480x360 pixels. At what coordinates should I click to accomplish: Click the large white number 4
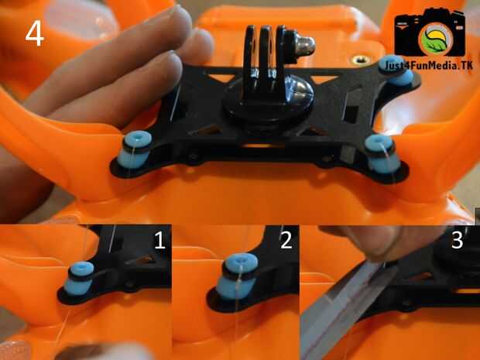(35, 34)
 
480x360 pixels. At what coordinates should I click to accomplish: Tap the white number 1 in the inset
(159, 240)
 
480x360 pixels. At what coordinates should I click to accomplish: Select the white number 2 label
(286, 240)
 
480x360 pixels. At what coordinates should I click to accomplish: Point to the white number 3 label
(457, 240)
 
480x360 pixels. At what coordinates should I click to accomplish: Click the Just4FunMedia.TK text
(429, 66)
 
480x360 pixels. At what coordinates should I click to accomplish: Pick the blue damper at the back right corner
(397, 70)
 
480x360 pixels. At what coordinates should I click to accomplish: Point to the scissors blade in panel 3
(343, 309)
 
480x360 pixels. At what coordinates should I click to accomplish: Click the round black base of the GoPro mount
(267, 104)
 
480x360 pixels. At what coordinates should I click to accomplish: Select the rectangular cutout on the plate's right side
(351, 113)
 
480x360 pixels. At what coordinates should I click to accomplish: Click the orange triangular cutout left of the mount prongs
(221, 78)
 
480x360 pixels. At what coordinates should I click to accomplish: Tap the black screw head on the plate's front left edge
(194, 158)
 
